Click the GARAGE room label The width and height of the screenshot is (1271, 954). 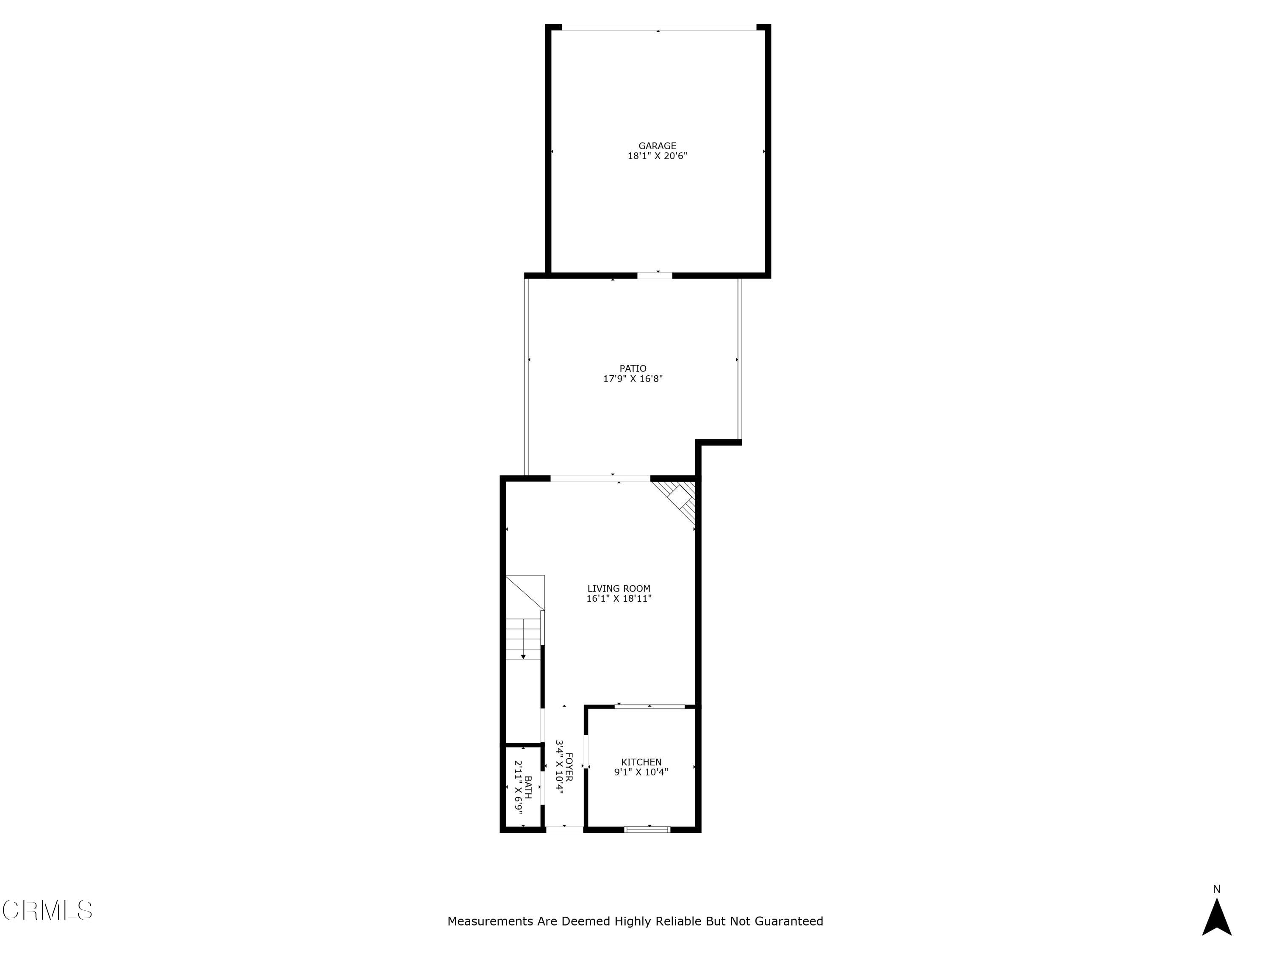[658, 146]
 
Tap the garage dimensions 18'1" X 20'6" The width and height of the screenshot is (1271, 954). [658, 156]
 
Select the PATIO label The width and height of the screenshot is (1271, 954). [633, 368]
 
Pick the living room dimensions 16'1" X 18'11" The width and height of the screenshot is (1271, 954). [619, 599]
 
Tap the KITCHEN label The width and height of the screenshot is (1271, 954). [641, 762]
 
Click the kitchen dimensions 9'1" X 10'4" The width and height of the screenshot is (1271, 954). [641, 772]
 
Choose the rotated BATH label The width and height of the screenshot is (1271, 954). [527, 787]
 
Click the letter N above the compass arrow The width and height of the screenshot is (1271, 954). [1216, 889]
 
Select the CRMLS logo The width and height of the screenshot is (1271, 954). [47, 910]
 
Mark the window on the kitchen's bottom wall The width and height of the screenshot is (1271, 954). [647, 829]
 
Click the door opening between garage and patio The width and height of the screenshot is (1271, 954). [655, 276]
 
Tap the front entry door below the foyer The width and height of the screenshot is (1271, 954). [564, 829]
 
